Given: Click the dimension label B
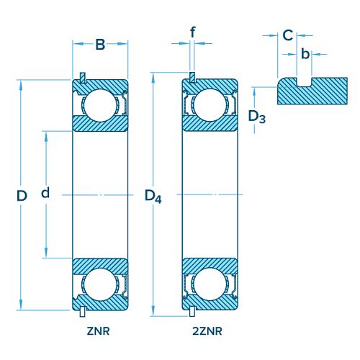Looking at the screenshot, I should pyautogui.click(x=100, y=45).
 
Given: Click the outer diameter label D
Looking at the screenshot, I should pyautogui.click(x=22, y=195).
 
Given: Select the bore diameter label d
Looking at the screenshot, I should pyautogui.click(x=45, y=193).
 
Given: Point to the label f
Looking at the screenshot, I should pyautogui.click(x=192, y=32).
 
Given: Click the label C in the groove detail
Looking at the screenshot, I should pyautogui.click(x=287, y=35).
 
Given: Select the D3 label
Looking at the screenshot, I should pyautogui.click(x=256, y=116).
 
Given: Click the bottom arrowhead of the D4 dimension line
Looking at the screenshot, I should pyautogui.click(x=153, y=311).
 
